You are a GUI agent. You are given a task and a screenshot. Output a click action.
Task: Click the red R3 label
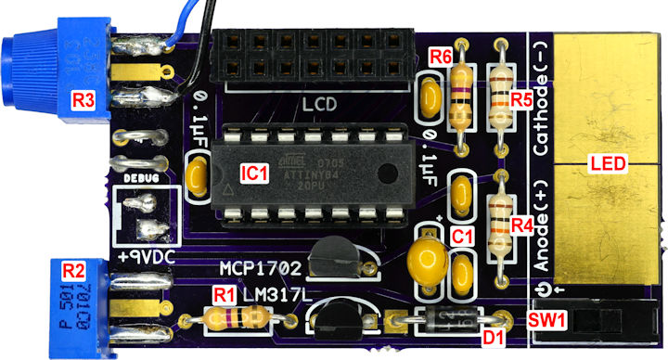click(x=84, y=98)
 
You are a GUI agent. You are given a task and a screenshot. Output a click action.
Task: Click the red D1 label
click(x=494, y=336)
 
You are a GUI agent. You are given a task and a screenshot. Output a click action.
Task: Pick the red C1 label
click(x=462, y=237)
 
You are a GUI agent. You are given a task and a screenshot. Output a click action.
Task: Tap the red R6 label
click(x=441, y=58)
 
